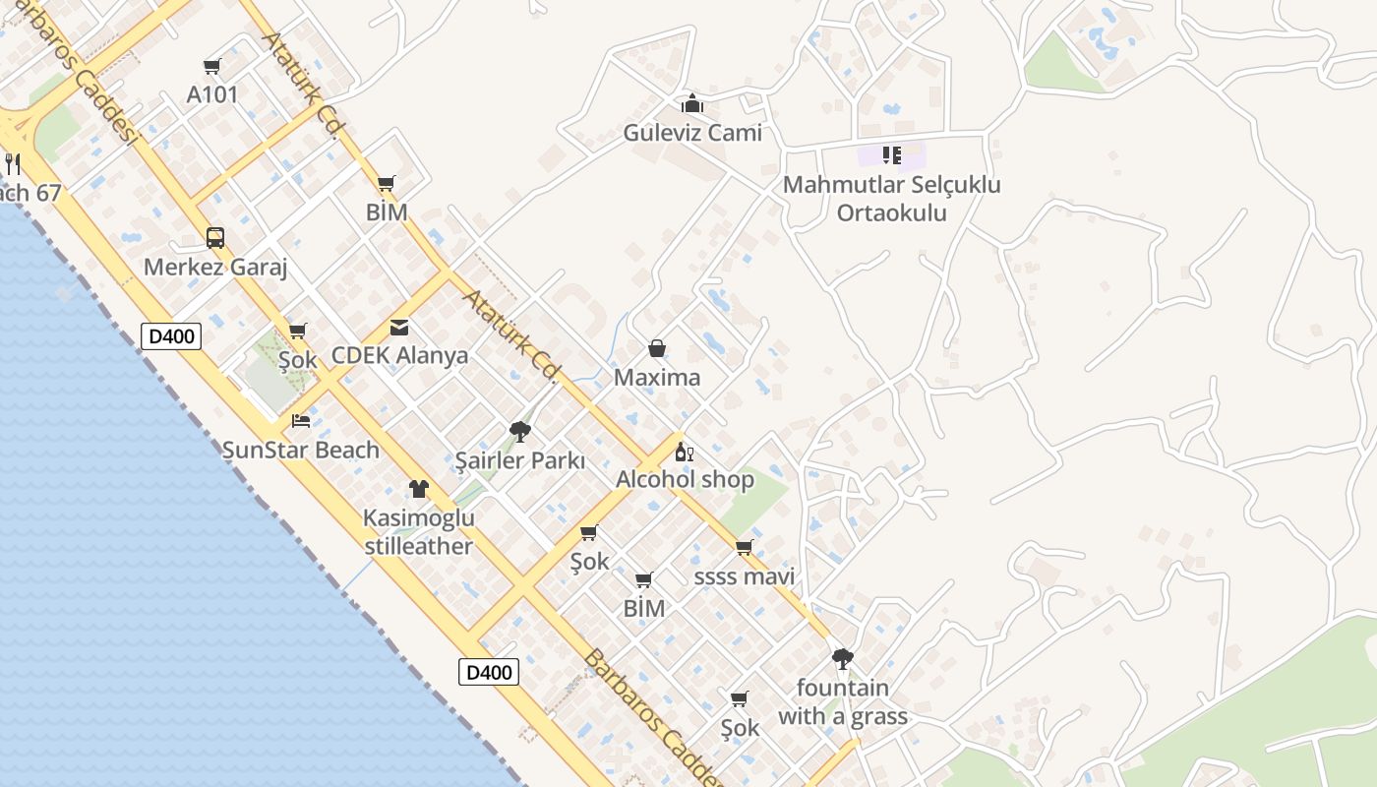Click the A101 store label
212,94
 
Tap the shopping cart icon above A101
211,67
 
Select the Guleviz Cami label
692,132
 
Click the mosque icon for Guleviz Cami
692,103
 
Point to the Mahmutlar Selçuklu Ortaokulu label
891,199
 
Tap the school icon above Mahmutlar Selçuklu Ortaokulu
891,154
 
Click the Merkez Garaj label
215,267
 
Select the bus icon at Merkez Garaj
215,237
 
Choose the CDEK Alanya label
399,355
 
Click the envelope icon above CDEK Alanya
399,328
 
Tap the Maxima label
657,378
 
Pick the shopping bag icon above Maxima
657,348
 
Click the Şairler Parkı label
520,460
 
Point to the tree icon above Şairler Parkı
520,431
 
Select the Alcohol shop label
685,480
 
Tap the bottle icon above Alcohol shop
685,453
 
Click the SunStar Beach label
300,450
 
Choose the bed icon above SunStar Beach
301,421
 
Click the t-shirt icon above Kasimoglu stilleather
419,489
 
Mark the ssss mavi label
745,575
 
